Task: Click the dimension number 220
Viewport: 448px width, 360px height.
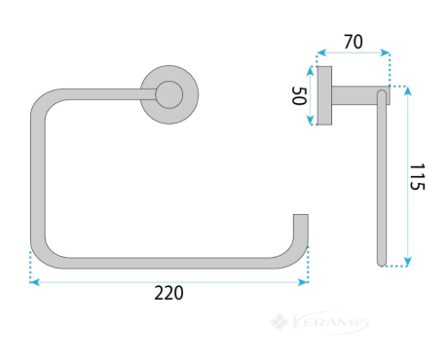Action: (168, 293)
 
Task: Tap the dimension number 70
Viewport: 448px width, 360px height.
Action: (354, 42)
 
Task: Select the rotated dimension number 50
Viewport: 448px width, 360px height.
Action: (299, 95)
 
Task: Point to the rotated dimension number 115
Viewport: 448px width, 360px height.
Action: (417, 176)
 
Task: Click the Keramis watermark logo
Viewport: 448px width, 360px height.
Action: (319, 323)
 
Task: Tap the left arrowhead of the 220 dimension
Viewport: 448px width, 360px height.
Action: (34, 282)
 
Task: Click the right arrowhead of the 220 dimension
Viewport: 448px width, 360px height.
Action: (303, 282)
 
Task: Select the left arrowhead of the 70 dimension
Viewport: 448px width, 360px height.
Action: (321, 53)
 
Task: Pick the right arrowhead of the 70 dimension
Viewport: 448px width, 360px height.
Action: (385, 53)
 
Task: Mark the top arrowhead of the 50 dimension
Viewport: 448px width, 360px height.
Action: (311, 71)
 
